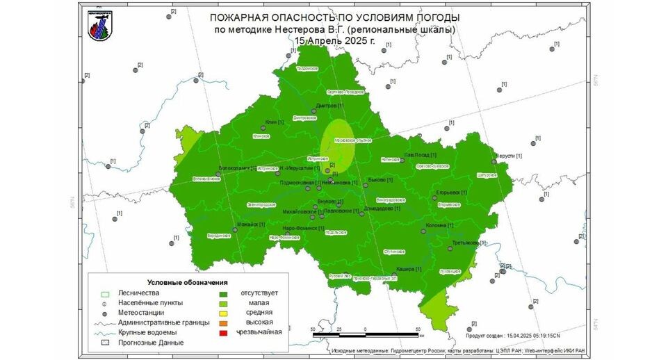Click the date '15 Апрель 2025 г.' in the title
(x=334, y=40)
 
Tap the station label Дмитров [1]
(x=329, y=106)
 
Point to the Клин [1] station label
(x=275, y=122)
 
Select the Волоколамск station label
(x=237, y=167)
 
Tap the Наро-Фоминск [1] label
(x=304, y=228)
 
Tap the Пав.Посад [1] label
(x=421, y=154)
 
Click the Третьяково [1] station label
(x=469, y=243)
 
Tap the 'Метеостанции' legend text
(x=141, y=313)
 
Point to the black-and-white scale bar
(x=366, y=335)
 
